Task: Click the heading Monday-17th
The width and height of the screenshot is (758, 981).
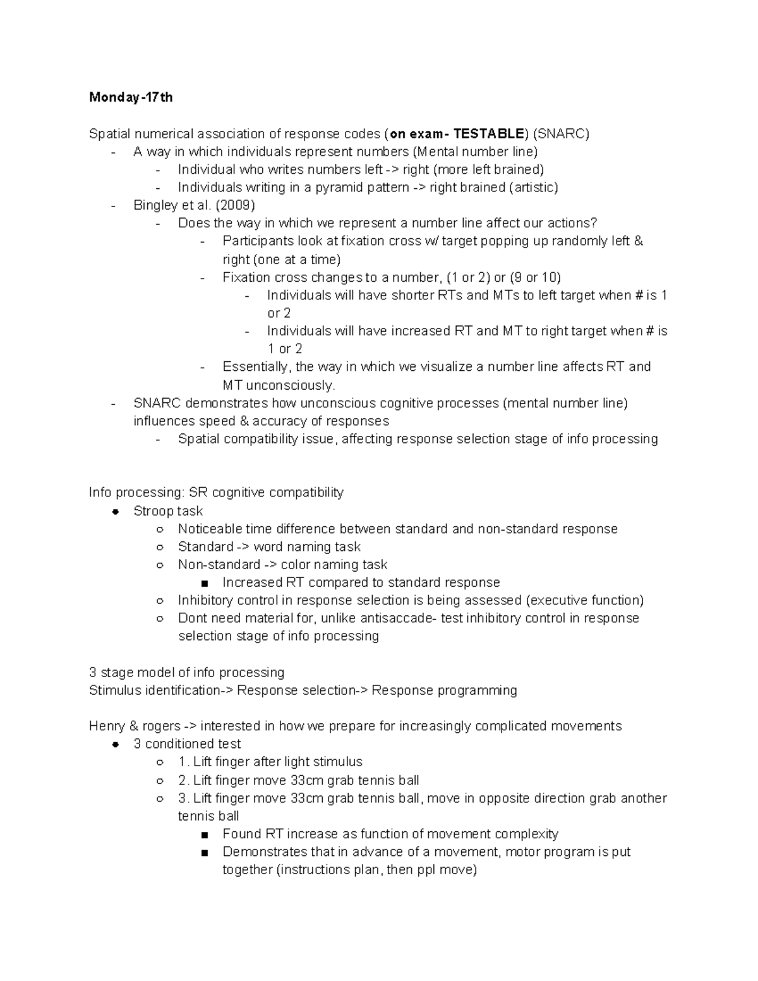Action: point(131,97)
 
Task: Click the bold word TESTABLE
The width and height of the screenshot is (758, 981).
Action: point(488,134)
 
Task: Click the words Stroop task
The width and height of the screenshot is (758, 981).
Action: point(168,511)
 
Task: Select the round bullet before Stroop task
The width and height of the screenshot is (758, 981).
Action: point(115,511)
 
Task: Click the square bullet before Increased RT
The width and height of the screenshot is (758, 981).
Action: point(203,583)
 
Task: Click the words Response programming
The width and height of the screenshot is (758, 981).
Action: point(444,690)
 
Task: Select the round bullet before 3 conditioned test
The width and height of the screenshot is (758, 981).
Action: point(115,744)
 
